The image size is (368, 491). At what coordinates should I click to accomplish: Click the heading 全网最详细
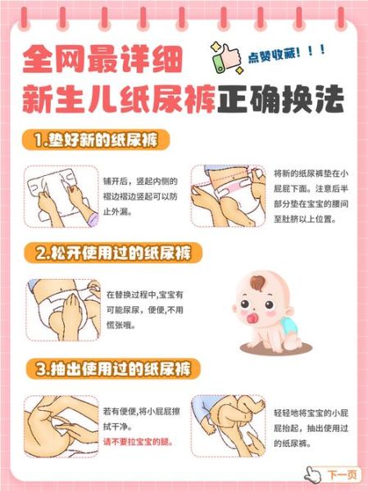click(x=98, y=60)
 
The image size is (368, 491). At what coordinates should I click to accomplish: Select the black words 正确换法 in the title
click(x=286, y=101)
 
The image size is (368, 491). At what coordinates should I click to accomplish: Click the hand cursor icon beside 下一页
click(x=311, y=474)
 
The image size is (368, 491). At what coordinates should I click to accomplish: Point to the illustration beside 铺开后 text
click(x=58, y=196)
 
